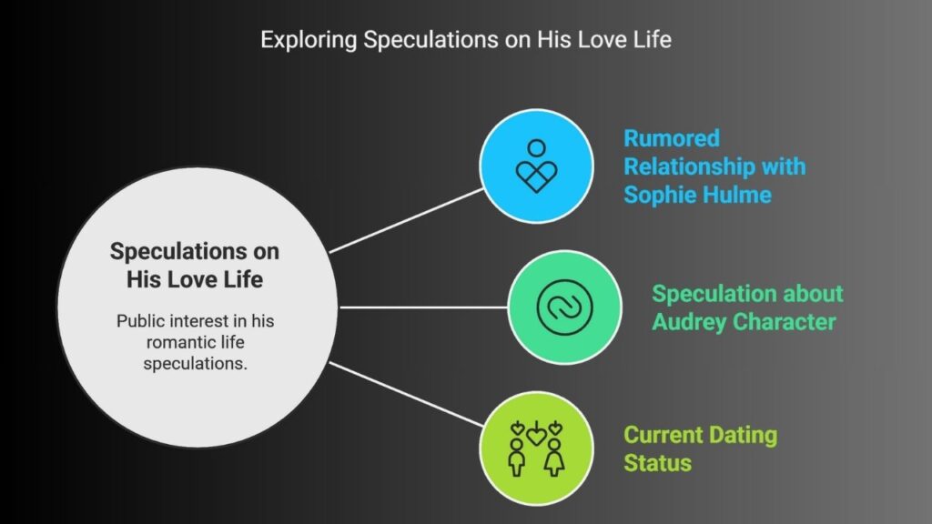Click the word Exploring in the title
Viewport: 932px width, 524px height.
(309, 40)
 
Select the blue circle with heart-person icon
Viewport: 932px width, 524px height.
(536, 166)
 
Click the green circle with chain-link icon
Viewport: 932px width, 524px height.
(564, 307)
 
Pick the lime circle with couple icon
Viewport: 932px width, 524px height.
(536, 448)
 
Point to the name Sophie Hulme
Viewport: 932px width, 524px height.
(697, 195)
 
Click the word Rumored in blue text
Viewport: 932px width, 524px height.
(672, 138)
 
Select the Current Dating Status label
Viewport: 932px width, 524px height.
(700, 448)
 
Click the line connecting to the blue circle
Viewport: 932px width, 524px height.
(407, 221)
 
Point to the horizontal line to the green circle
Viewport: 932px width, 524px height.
(423, 307)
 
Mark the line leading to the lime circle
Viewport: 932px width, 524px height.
(407, 394)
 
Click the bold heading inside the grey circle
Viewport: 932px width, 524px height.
(195, 265)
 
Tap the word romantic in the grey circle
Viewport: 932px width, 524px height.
(195, 342)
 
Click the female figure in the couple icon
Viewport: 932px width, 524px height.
(554, 458)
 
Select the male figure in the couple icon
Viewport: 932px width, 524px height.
(517, 458)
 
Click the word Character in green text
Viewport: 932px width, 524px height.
(785, 322)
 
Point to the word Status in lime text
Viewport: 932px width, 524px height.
(657, 463)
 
